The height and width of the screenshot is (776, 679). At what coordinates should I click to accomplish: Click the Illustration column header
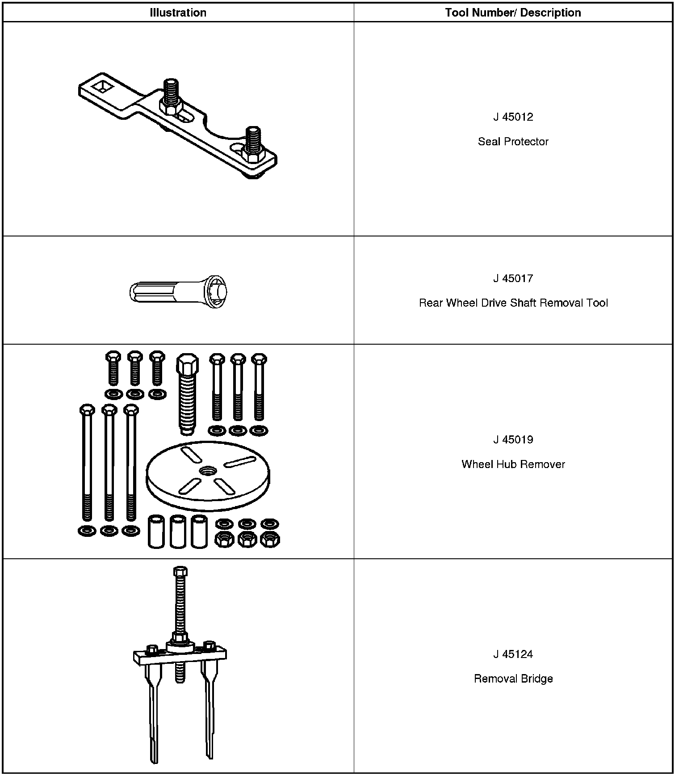(178, 13)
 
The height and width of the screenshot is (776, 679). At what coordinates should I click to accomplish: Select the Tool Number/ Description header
(513, 13)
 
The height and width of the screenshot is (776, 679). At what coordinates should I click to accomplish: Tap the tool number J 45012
(513, 117)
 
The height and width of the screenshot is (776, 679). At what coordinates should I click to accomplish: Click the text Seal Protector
(513, 142)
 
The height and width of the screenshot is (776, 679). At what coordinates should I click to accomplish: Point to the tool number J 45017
(513, 278)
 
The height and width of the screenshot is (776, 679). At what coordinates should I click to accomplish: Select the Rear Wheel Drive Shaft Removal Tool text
(513, 303)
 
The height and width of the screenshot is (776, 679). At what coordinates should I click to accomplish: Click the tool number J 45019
(513, 440)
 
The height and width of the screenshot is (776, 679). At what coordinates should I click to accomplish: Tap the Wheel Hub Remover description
(513, 464)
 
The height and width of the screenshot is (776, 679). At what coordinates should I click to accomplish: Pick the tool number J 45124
(513, 654)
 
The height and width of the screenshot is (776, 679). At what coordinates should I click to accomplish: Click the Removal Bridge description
(513, 679)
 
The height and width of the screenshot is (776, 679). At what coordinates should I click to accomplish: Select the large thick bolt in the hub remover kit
(186, 393)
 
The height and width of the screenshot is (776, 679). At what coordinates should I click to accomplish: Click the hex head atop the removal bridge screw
(180, 572)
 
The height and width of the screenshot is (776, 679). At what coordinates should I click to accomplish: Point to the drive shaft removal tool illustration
(178, 293)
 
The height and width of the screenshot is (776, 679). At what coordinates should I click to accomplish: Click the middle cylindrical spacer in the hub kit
(178, 531)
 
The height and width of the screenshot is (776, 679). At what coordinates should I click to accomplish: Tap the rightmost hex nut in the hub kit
(269, 540)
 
